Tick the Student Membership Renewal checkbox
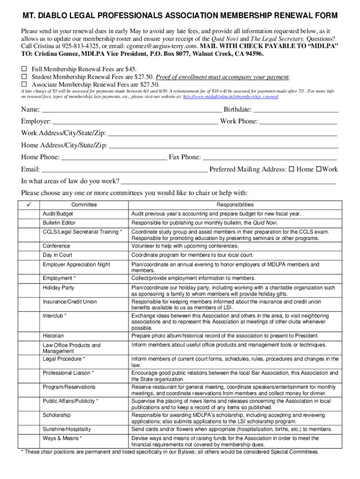coord(24,77)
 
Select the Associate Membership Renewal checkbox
coord(24,84)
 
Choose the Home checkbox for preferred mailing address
coord(291,169)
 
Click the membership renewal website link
coord(230,96)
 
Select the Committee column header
coord(84,204)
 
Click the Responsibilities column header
coord(235,204)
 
